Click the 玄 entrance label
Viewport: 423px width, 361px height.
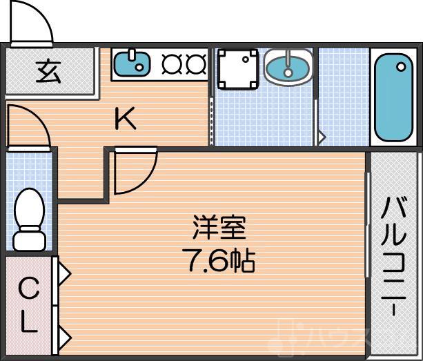coord(49,71)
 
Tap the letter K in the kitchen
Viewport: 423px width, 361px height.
coord(125,120)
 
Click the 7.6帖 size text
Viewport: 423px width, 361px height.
coord(219,261)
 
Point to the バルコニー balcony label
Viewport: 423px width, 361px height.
coord(395,255)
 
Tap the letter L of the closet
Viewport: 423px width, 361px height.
coord(28,322)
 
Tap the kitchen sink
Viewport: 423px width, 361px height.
coord(131,64)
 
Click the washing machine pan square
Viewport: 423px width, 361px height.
coord(238,70)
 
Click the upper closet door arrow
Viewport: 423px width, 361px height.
coord(64,275)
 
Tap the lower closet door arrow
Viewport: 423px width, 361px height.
coord(64,338)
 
